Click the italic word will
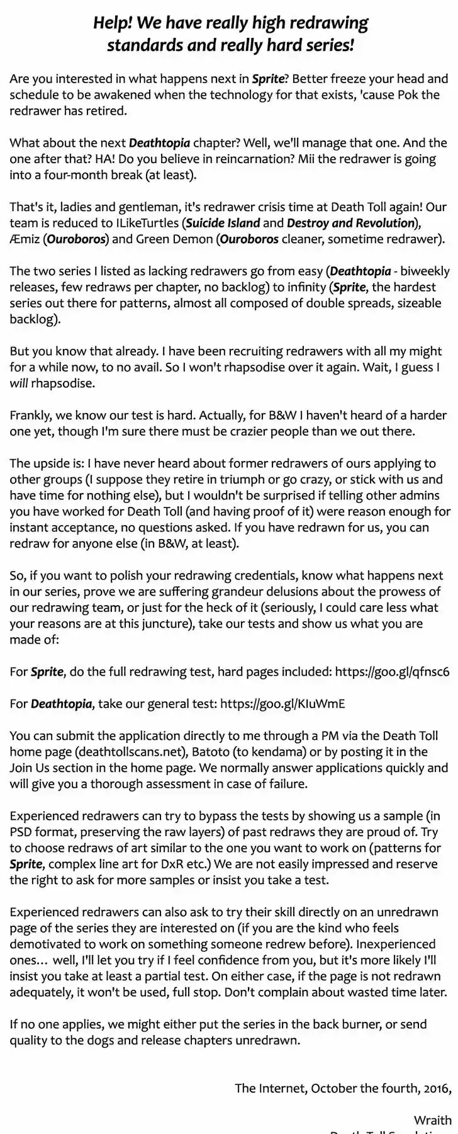19,383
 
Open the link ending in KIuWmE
282,703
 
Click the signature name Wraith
432,1120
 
